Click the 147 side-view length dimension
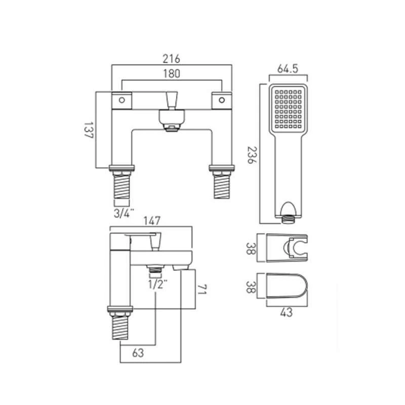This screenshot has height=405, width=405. coord(151,221)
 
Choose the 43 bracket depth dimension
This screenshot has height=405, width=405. coord(287,312)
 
